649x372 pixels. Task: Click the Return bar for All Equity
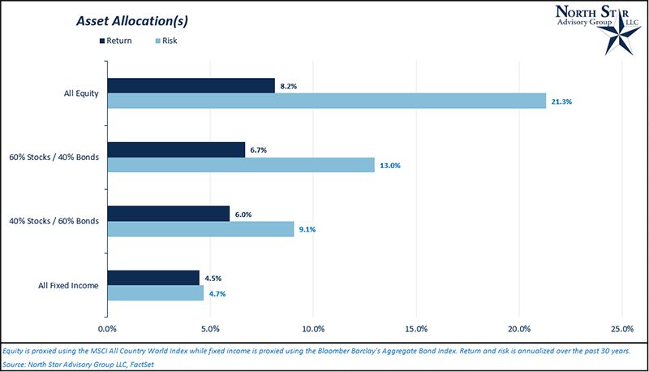[191, 85]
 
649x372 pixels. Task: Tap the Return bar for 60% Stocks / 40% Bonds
[176, 149]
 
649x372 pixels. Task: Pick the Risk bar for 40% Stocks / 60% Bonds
[200, 229]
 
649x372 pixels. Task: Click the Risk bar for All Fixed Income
[155, 293]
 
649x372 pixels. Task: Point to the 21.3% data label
[562, 102]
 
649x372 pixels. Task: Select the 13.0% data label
[391, 166]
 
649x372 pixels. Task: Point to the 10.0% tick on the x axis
[312, 329]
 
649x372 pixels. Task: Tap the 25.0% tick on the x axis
[621, 329]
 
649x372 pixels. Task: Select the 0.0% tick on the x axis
[107, 329]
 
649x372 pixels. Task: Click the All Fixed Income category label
[69, 286]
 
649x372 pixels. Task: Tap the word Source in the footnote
[15, 364]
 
